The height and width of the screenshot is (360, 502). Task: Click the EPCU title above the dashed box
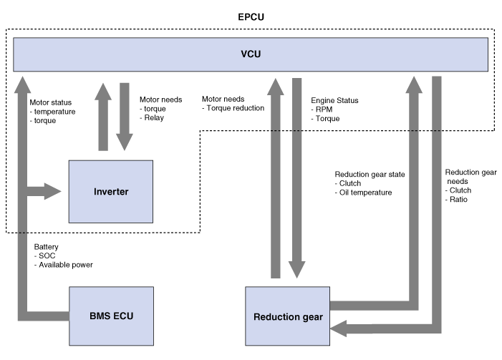[x=251, y=15]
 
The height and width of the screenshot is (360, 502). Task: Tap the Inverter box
[x=110, y=192]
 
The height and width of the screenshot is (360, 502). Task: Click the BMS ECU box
[x=110, y=314]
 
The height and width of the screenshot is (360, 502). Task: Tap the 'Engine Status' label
[x=334, y=102]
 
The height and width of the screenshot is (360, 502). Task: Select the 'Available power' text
[x=66, y=265]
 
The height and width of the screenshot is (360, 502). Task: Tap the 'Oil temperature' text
[x=366, y=193]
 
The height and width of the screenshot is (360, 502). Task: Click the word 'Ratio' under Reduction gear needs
[x=458, y=200]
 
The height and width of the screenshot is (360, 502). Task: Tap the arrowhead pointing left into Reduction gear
[x=337, y=328]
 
